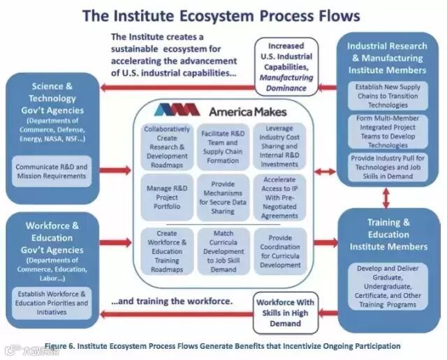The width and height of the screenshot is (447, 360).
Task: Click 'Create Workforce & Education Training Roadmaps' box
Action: tap(167, 252)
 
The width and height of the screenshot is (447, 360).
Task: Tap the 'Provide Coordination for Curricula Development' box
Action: tap(279, 252)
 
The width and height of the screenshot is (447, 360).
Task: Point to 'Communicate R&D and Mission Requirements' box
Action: tap(53, 171)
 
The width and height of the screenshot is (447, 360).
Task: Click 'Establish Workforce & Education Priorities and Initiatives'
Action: tap(53, 304)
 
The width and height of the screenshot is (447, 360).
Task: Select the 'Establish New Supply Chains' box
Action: tap(388, 96)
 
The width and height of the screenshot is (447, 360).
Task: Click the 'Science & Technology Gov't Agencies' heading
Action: tap(53, 98)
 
